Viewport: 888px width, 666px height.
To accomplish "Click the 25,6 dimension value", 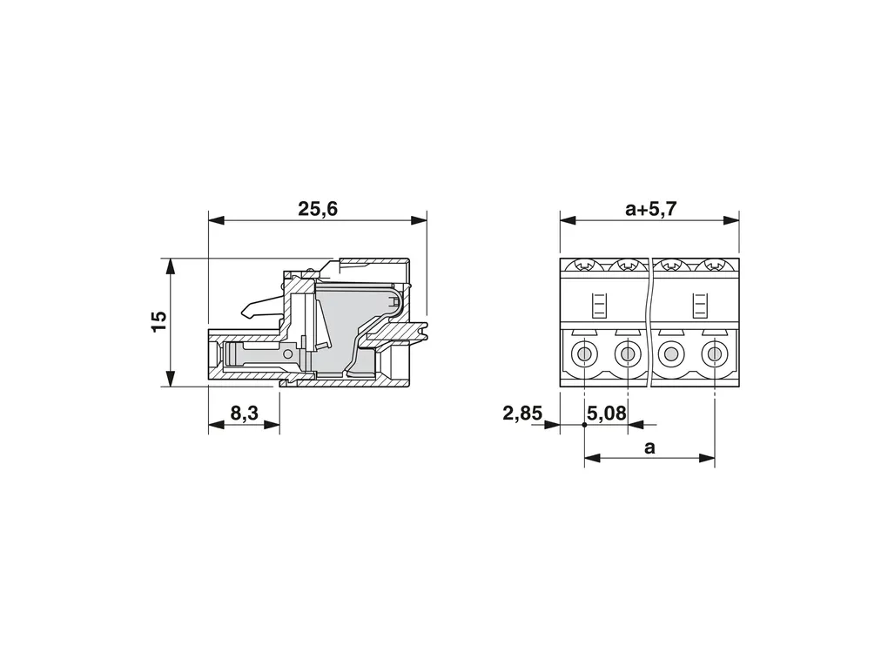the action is (x=317, y=209).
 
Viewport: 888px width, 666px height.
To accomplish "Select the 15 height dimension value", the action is (x=159, y=321).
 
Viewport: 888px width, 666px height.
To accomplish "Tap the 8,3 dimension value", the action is (x=244, y=414).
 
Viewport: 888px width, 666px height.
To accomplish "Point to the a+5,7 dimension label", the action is (x=650, y=209).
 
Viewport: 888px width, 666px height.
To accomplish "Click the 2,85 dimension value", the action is (x=522, y=414).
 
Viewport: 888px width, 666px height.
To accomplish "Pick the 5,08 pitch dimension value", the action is (x=607, y=414).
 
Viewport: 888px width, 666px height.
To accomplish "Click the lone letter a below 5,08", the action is (x=649, y=447).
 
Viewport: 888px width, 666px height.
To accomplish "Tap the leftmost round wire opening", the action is (x=584, y=355).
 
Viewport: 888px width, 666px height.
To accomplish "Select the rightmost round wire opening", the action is (x=714, y=355).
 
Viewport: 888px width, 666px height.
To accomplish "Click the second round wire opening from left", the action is (x=628, y=355).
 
